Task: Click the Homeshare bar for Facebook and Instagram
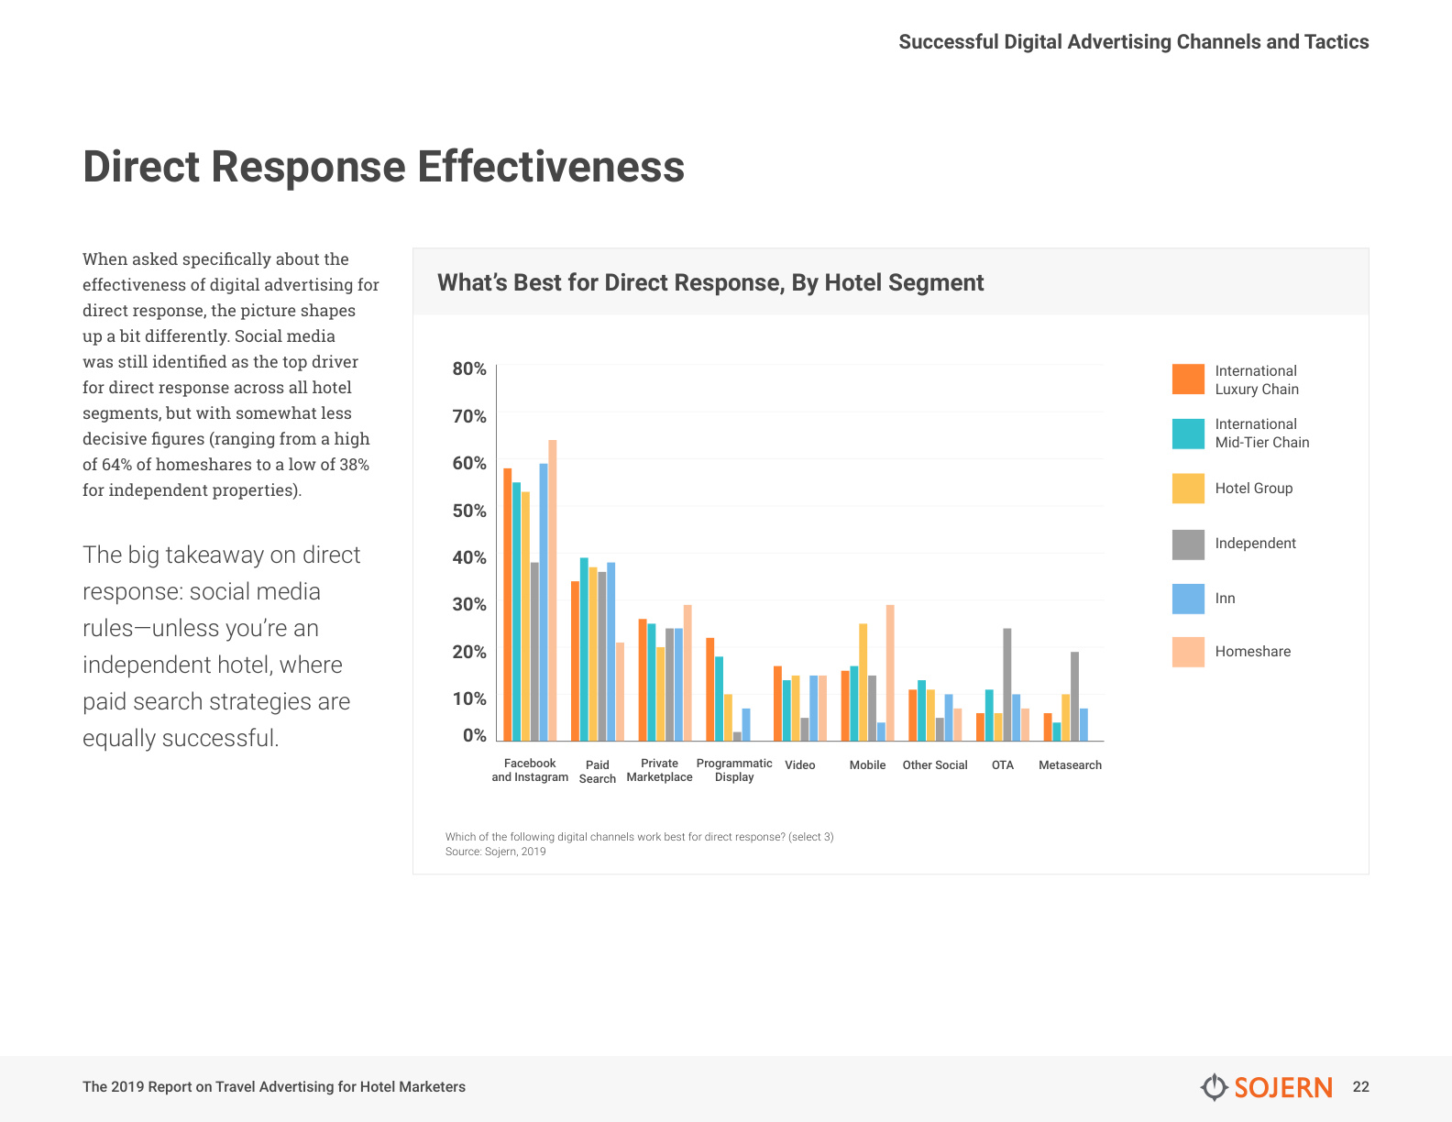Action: tap(553, 590)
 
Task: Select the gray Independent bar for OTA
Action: tap(1007, 685)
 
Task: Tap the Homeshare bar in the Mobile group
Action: tap(890, 673)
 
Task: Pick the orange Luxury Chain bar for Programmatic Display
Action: tap(710, 689)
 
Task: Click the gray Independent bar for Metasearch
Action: tap(1074, 697)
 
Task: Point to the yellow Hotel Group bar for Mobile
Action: tap(863, 682)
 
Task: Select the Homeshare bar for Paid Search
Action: tap(620, 692)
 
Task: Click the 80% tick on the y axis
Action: tap(469, 368)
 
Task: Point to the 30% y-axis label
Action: tap(469, 604)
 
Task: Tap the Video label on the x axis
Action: tap(800, 764)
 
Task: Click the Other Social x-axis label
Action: tap(935, 764)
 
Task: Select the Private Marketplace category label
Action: tap(659, 770)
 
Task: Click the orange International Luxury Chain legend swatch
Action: tap(1188, 379)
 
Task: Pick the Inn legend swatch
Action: tap(1188, 599)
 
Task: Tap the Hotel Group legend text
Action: tap(1254, 488)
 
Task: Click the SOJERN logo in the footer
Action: tap(1266, 1087)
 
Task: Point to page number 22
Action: tap(1360, 1086)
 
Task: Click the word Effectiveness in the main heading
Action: tap(551, 167)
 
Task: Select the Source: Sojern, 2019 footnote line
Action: tap(495, 852)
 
